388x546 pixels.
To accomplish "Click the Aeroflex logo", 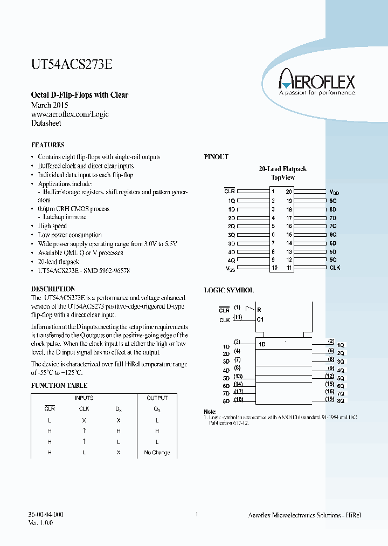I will [x=317, y=82].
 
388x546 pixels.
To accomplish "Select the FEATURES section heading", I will [x=47, y=145].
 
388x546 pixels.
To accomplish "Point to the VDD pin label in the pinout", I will [x=335, y=192].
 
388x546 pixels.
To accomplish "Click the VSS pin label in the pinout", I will [x=230, y=268].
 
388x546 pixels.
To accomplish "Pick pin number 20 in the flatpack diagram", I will [x=289, y=192].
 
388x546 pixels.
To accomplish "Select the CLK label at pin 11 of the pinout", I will [x=335, y=268].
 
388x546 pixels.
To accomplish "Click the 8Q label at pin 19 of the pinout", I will [x=333, y=200].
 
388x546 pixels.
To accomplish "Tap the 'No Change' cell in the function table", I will [x=157, y=453].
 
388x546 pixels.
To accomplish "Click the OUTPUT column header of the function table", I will [x=157, y=398].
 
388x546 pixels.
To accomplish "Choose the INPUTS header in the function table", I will [x=84, y=398].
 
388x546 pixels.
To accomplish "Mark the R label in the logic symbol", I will [x=259, y=310].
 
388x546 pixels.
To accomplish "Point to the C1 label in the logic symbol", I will [x=260, y=320].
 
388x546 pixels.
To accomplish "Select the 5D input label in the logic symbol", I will [x=226, y=378].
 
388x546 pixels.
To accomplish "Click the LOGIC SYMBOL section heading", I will [x=228, y=290].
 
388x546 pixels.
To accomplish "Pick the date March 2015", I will [x=50, y=105].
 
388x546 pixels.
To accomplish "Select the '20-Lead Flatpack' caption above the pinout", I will [x=283, y=169].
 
